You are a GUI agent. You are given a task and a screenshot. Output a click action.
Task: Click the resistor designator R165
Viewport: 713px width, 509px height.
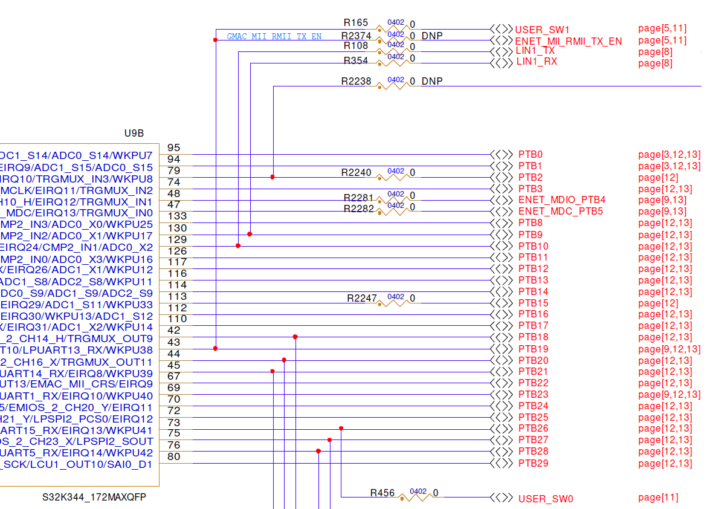tap(355, 22)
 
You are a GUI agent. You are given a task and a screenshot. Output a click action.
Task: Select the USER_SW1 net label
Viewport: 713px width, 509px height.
tap(542, 30)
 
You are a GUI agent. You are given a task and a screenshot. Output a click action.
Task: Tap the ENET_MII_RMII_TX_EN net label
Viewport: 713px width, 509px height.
tap(568, 41)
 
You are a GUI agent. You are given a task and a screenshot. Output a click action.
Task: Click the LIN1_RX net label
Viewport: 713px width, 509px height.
tap(536, 62)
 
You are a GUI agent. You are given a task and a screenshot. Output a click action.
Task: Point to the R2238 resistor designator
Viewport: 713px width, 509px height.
tap(356, 81)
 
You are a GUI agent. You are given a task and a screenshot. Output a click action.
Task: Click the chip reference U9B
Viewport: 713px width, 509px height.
tap(134, 134)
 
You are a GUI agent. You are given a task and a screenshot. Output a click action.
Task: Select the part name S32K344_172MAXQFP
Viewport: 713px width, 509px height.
tap(94, 498)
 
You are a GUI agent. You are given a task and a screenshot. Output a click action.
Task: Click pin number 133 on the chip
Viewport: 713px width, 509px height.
tap(177, 216)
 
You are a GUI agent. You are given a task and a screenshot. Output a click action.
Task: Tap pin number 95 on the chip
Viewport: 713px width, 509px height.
tap(173, 148)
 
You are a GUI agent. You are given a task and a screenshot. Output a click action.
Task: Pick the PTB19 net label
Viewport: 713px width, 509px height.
tap(534, 349)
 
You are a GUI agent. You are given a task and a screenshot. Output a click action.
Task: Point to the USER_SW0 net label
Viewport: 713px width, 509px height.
tap(545, 499)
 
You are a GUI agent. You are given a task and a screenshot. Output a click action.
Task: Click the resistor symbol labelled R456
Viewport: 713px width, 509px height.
tap(419, 497)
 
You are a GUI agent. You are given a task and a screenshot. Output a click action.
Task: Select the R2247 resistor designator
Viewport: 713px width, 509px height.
tap(362, 298)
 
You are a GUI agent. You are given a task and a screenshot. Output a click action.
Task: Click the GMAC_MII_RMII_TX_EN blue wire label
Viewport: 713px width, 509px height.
tap(274, 36)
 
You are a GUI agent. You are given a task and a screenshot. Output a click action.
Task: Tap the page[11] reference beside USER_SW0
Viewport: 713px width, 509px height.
tap(658, 498)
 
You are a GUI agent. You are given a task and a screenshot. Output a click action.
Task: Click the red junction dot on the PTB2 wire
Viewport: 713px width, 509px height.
tap(273, 177)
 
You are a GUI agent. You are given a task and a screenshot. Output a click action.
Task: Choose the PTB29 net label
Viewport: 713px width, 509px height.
tap(534, 464)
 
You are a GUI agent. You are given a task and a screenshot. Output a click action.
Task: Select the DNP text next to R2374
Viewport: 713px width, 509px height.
tap(432, 36)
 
